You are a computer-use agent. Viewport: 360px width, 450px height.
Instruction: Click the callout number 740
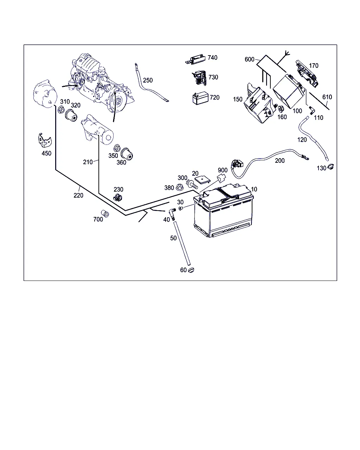pyautogui.click(x=212, y=58)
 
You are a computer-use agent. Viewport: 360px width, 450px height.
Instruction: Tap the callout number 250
pyautogui.click(x=148, y=80)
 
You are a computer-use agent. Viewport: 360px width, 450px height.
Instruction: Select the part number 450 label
pyautogui.click(x=46, y=153)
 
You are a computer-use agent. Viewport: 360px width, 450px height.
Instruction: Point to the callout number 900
pyautogui.click(x=223, y=171)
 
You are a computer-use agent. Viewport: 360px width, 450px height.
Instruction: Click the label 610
pyautogui.click(x=327, y=97)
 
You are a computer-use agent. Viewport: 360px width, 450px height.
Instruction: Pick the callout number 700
pyautogui.click(x=98, y=219)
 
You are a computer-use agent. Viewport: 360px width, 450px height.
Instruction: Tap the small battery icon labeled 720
pyautogui.click(x=200, y=98)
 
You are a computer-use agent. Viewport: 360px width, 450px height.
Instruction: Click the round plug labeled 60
pyautogui.click(x=191, y=270)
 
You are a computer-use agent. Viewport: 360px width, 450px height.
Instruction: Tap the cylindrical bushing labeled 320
pyautogui.click(x=71, y=114)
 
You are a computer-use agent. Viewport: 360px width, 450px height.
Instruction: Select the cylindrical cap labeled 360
pyautogui.click(x=128, y=154)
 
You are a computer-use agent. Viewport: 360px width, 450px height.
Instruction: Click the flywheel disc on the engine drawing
pyautogui.click(x=119, y=102)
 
